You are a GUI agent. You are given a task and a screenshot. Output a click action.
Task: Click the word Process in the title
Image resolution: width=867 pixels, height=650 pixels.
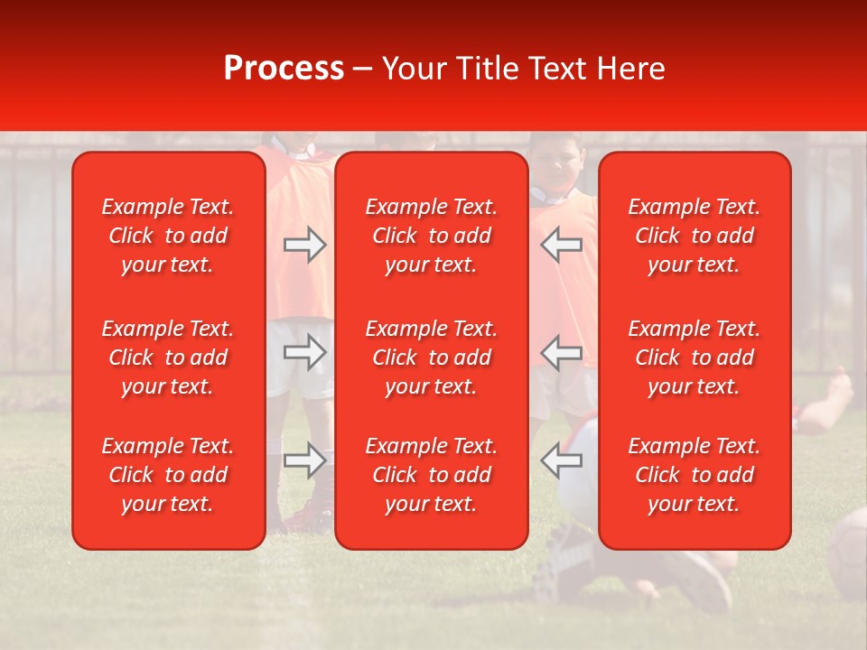pos(284,69)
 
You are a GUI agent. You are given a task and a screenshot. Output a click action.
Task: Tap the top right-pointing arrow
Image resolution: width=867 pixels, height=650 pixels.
pos(305,245)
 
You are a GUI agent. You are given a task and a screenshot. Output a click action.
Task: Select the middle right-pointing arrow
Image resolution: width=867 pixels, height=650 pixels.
pos(305,353)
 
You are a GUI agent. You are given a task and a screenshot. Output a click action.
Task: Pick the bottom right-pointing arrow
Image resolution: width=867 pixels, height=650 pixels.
pos(305,460)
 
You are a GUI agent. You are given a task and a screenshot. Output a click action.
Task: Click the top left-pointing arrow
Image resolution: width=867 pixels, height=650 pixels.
pos(562,245)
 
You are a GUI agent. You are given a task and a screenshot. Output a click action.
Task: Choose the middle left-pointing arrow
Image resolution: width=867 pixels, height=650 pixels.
pos(562,353)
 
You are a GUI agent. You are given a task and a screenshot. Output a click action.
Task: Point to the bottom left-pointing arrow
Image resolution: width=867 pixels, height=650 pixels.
pos(562,460)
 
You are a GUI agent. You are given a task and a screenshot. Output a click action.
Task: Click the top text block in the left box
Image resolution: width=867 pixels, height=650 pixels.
pos(168,236)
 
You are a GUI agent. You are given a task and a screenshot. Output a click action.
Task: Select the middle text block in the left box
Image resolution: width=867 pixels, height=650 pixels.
pos(168,357)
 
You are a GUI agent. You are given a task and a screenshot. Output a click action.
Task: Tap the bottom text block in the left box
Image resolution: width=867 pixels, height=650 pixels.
pos(168,475)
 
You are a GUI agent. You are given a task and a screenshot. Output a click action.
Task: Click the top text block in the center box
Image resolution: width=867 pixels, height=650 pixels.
pos(432,236)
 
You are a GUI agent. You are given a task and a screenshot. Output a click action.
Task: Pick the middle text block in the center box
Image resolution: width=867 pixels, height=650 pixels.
pos(432,357)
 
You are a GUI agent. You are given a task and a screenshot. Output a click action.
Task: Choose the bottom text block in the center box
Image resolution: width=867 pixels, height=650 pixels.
pos(432,475)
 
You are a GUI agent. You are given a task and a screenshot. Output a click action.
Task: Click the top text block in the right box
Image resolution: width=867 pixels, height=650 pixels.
pos(695,236)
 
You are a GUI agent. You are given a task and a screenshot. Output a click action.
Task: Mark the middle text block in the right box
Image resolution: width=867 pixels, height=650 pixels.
pos(695,357)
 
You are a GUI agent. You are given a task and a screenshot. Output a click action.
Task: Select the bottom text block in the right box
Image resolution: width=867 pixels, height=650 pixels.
pos(695,475)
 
